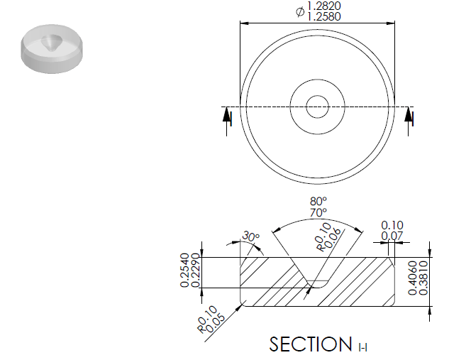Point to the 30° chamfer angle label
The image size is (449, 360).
pyautogui.click(x=250, y=236)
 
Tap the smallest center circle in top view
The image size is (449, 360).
pyautogui.click(x=317, y=107)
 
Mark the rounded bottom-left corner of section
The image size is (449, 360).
pyautogui.click(x=244, y=302)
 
